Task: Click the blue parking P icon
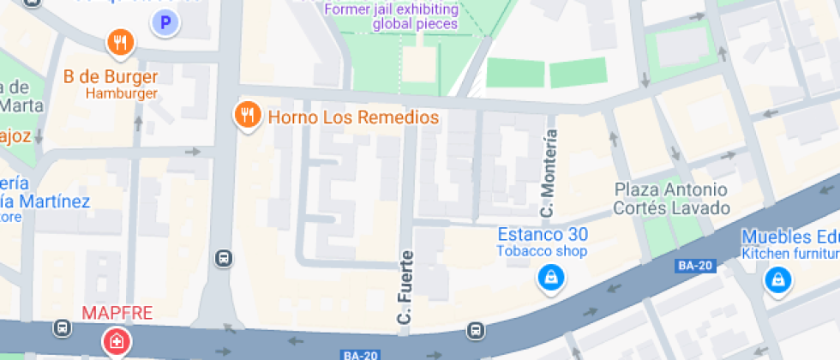coord(165,23)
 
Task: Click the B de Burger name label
coord(111,76)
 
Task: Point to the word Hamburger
coord(122,93)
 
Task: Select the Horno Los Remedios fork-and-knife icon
coord(248,115)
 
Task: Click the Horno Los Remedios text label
coord(353,117)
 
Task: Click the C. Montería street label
coord(549,172)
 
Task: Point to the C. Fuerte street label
coord(406,287)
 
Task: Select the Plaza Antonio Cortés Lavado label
coord(672,199)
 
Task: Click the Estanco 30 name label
coord(543,234)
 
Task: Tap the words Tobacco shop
coord(543,251)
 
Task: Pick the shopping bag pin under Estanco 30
coord(549,277)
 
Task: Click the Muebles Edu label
coord(789,237)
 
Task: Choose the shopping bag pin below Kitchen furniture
coord(777,279)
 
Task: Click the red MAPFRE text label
coord(117,314)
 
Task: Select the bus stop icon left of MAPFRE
coord(63,327)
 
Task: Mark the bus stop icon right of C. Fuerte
coord(475,330)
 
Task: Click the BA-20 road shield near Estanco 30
coord(694,266)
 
